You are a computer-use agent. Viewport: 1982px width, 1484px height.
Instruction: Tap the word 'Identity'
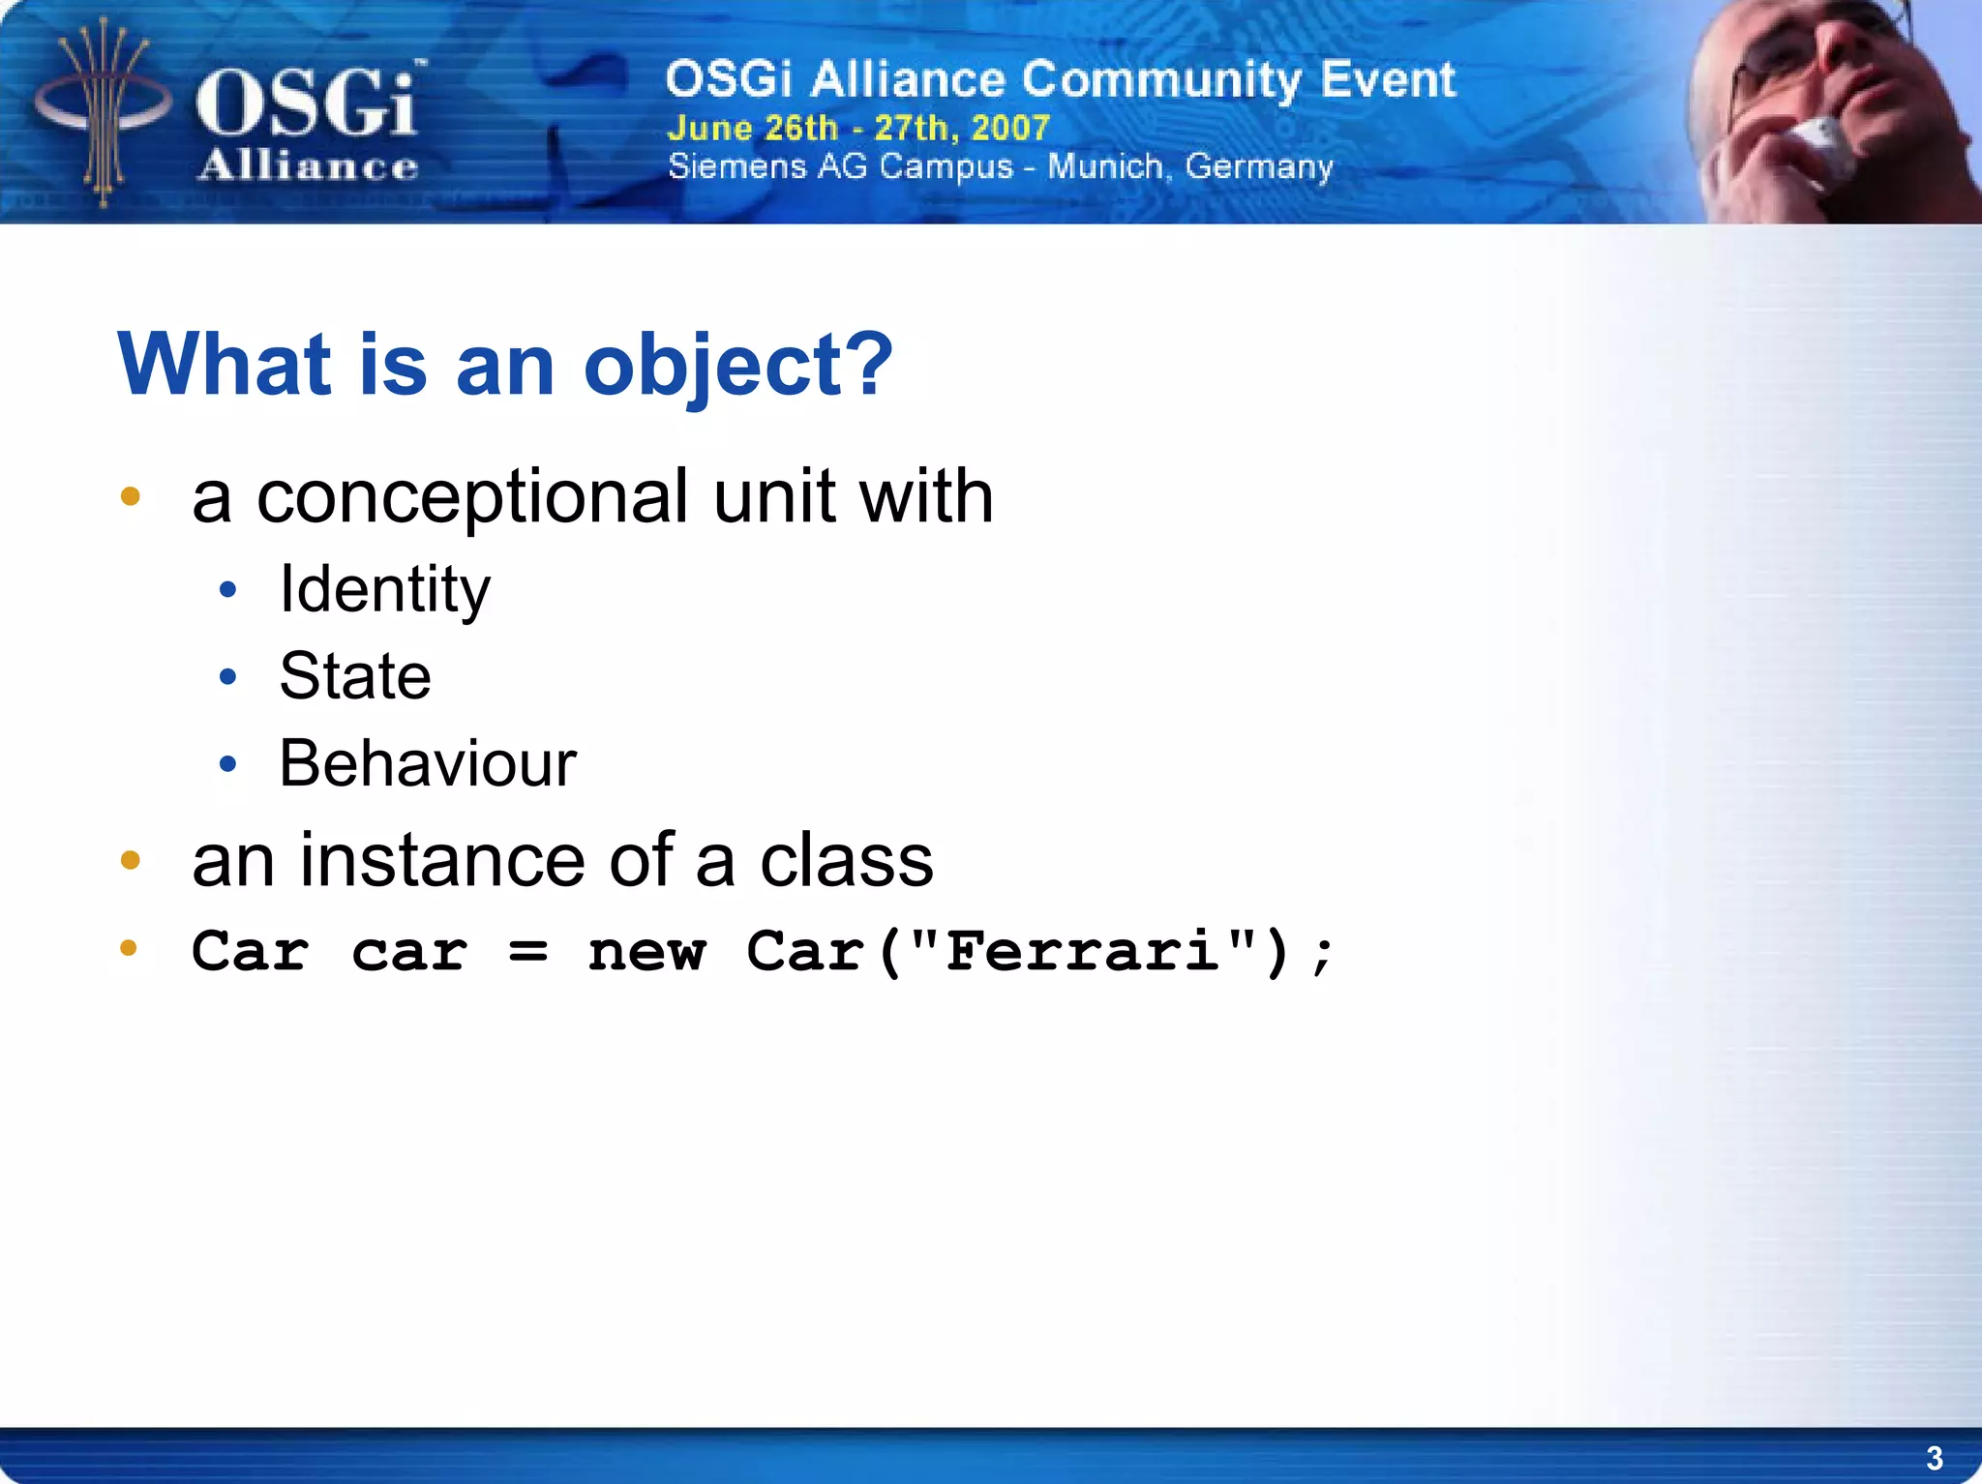coord(384,590)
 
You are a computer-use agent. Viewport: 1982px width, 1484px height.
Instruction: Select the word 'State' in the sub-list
coord(355,676)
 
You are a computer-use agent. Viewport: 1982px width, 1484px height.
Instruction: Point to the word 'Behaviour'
coord(428,764)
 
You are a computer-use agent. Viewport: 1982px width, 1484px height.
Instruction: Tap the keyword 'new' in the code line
coord(646,952)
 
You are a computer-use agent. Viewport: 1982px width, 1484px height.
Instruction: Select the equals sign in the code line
coord(528,952)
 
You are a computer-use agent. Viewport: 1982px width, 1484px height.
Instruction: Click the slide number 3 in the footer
coord(1934,1458)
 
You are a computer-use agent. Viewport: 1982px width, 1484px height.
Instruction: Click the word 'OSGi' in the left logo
coord(308,104)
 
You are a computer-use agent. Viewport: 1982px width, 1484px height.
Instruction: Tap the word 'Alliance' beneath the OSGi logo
coord(308,166)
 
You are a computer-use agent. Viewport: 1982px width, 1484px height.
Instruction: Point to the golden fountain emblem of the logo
coord(102,111)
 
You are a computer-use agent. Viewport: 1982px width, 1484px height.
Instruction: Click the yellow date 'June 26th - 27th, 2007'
coord(858,128)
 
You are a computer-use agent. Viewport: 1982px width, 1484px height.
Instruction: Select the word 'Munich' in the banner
coord(1104,166)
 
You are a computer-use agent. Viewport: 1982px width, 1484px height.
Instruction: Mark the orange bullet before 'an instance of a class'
coord(130,859)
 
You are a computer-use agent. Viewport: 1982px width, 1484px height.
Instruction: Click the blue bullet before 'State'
coord(227,676)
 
